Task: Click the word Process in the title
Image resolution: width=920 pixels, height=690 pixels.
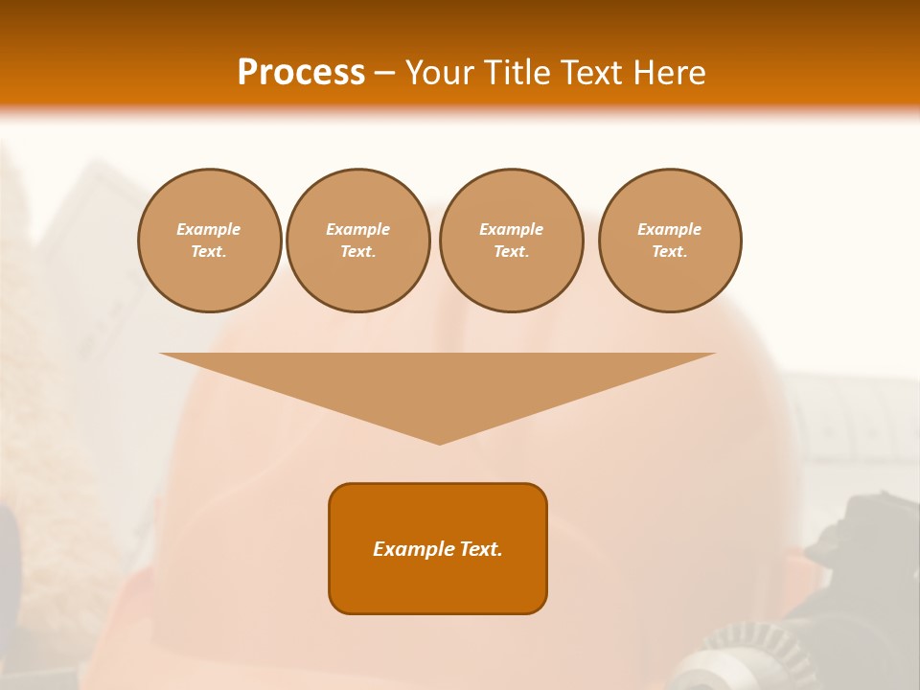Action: (x=301, y=73)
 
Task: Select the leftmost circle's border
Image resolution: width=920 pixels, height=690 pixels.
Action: (x=139, y=241)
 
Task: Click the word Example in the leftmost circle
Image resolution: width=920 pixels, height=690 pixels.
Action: (x=209, y=229)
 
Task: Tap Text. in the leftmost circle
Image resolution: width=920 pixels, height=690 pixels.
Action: (x=209, y=252)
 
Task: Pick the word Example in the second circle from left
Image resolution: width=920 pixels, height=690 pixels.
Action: (x=357, y=229)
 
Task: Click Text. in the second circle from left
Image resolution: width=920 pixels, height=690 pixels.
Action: (x=357, y=252)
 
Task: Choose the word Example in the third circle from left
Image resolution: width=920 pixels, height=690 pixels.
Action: (x=511, y=229)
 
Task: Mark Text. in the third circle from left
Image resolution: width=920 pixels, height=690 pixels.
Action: (x=511, y=252)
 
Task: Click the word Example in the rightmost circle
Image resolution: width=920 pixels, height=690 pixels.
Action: (x=669, y=229)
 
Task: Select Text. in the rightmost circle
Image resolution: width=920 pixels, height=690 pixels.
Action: (x=669, y=252)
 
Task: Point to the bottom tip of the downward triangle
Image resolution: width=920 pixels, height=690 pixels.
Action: (x=439, y=442)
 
